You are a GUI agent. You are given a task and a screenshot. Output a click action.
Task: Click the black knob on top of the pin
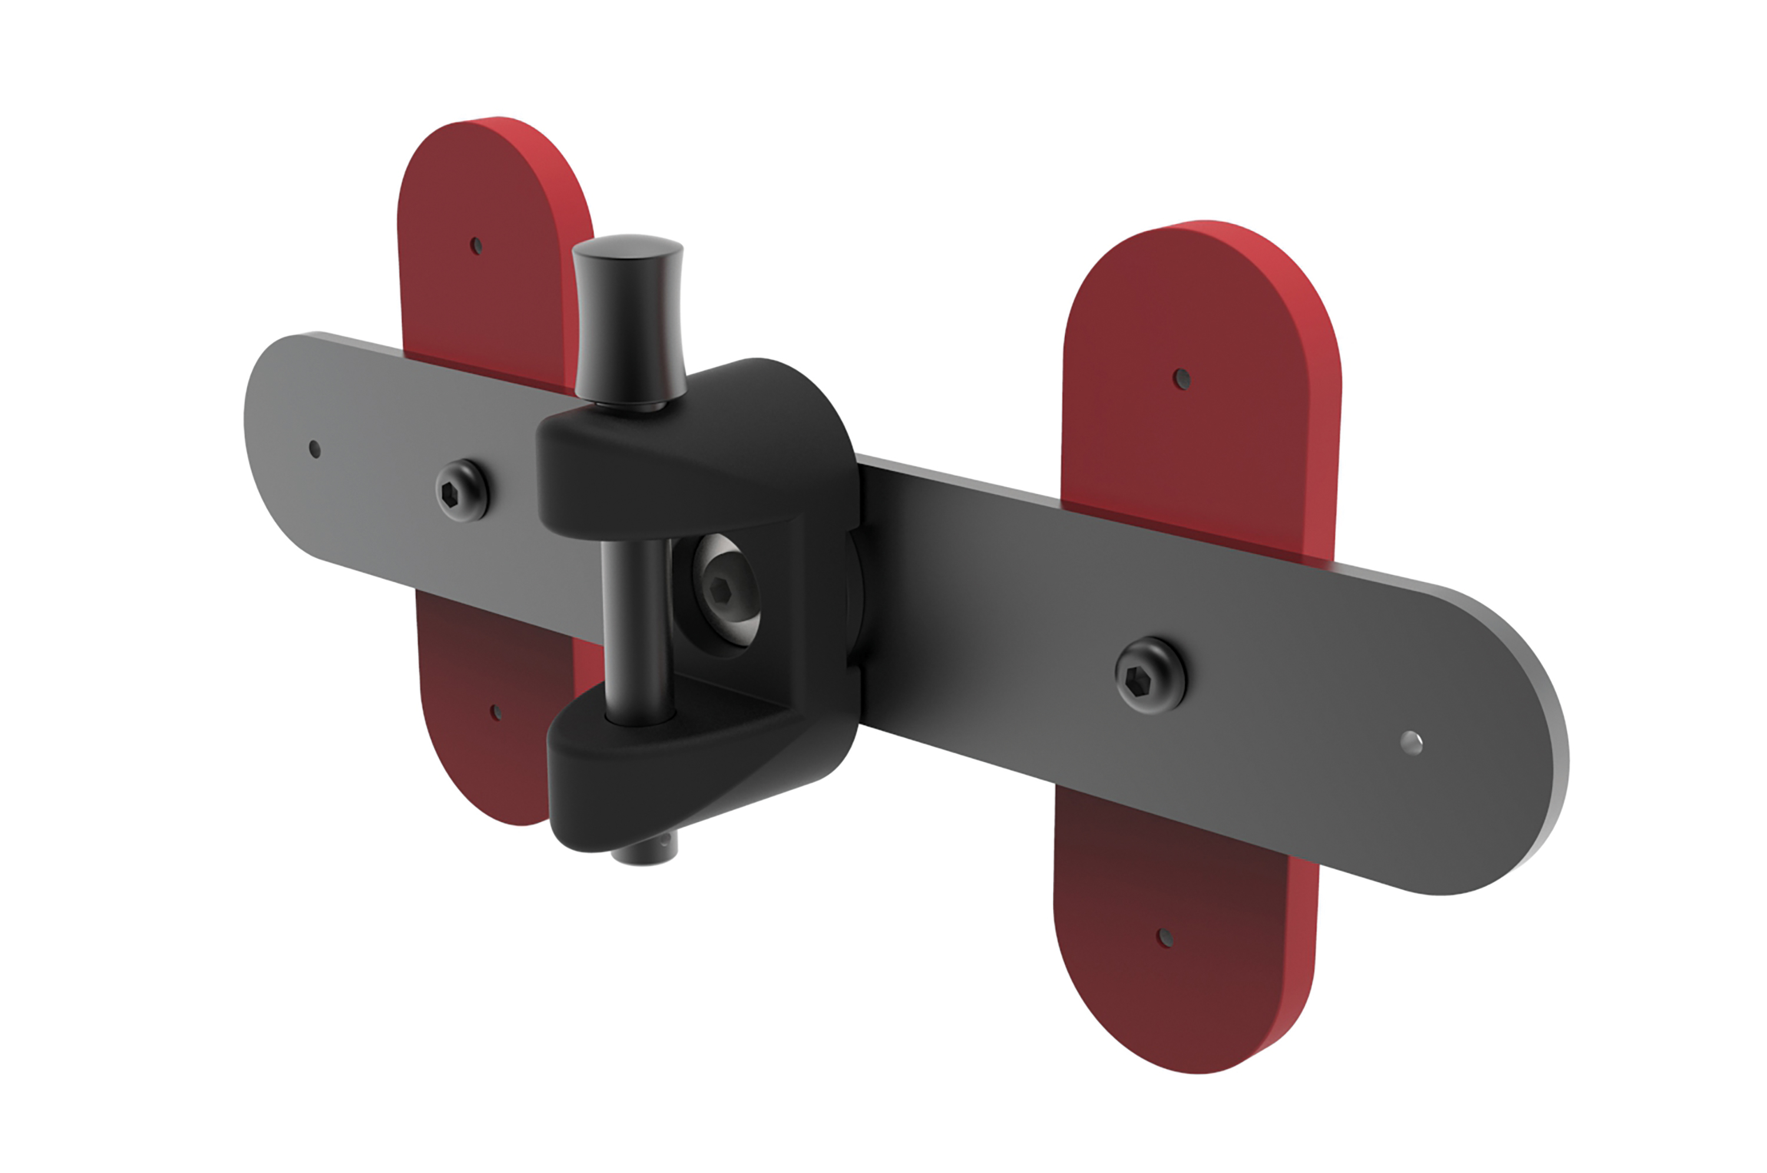coord(628,318)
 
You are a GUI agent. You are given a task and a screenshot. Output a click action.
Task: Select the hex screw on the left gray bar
coord(462,490)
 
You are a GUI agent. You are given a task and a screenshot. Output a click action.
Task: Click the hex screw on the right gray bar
coord(1150,675)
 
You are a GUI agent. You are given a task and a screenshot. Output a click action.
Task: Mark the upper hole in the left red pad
coord(476,246)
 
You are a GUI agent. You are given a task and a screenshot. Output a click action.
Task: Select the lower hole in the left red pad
coord(495,712)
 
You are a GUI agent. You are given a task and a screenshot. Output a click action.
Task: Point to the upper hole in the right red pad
coord(1182,379)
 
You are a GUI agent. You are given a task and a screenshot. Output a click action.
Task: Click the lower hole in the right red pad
coord(1165,937)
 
